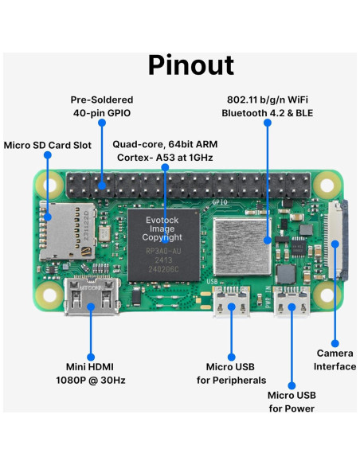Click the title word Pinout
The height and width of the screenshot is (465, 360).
(190, 65)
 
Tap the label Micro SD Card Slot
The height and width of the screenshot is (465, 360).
(48, 146)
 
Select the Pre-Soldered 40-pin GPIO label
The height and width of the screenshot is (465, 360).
(102, 107)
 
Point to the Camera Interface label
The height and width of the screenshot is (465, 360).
(335, 359)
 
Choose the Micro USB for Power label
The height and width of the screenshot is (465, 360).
(291, 401)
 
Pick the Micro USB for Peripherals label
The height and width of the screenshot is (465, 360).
(231, 373)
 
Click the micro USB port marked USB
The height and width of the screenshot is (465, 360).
(231, 303)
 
